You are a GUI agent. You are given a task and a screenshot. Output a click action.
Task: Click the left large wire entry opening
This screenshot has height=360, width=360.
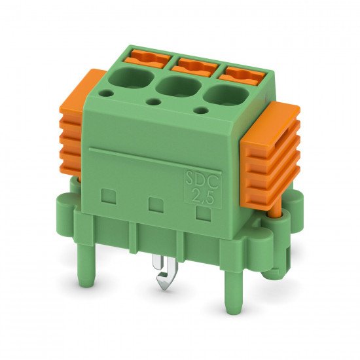(x=130, y=78)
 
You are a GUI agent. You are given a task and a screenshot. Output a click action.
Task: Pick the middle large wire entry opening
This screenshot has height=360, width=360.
(x=178, y=86)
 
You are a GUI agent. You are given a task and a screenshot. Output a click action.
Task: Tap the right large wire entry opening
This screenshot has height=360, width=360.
(x=226, y=95)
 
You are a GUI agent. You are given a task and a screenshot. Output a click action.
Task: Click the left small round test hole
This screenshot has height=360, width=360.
(x=107, y=93)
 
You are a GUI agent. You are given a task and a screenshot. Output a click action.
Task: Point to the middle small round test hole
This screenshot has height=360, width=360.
(x=153, y=101)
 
